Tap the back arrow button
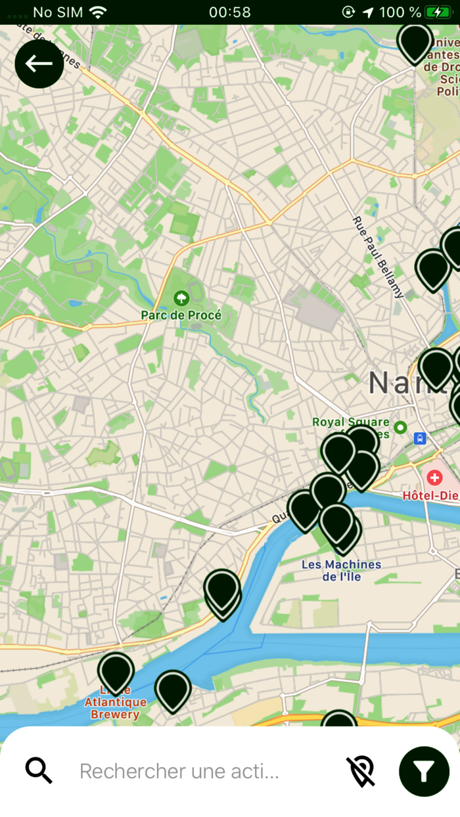pyautogui.click(x=39, y=64)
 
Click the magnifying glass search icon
pyautogui.click(x=39, y=770)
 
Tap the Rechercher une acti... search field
pyautogui.click(x=179, y=771)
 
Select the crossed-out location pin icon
pyautogui.click(x=361, y=770)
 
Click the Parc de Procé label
pyautogui.click(x=181, y=315)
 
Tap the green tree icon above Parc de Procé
pyautogui.click(x=181, y=299)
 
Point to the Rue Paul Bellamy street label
pyautogui.click(x=378, y=257)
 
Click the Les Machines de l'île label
pyautogui.click(x=341, y=570)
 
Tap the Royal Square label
pyautogui.click(x=350, y=422)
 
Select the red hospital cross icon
pyautogui.click(x=434, y=477)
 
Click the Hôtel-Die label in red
pyautogui.click(x=430, y=495)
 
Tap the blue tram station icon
pyautogui.click(x=420, y=438)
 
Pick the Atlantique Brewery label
pyautogui.click(x=115, y=708)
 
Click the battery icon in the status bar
pyautogui.click(x=437, y=12)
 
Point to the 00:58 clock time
pyautogui.click(x=229, y=12)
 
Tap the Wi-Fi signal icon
pyautogui.click(x=98, y=12)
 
